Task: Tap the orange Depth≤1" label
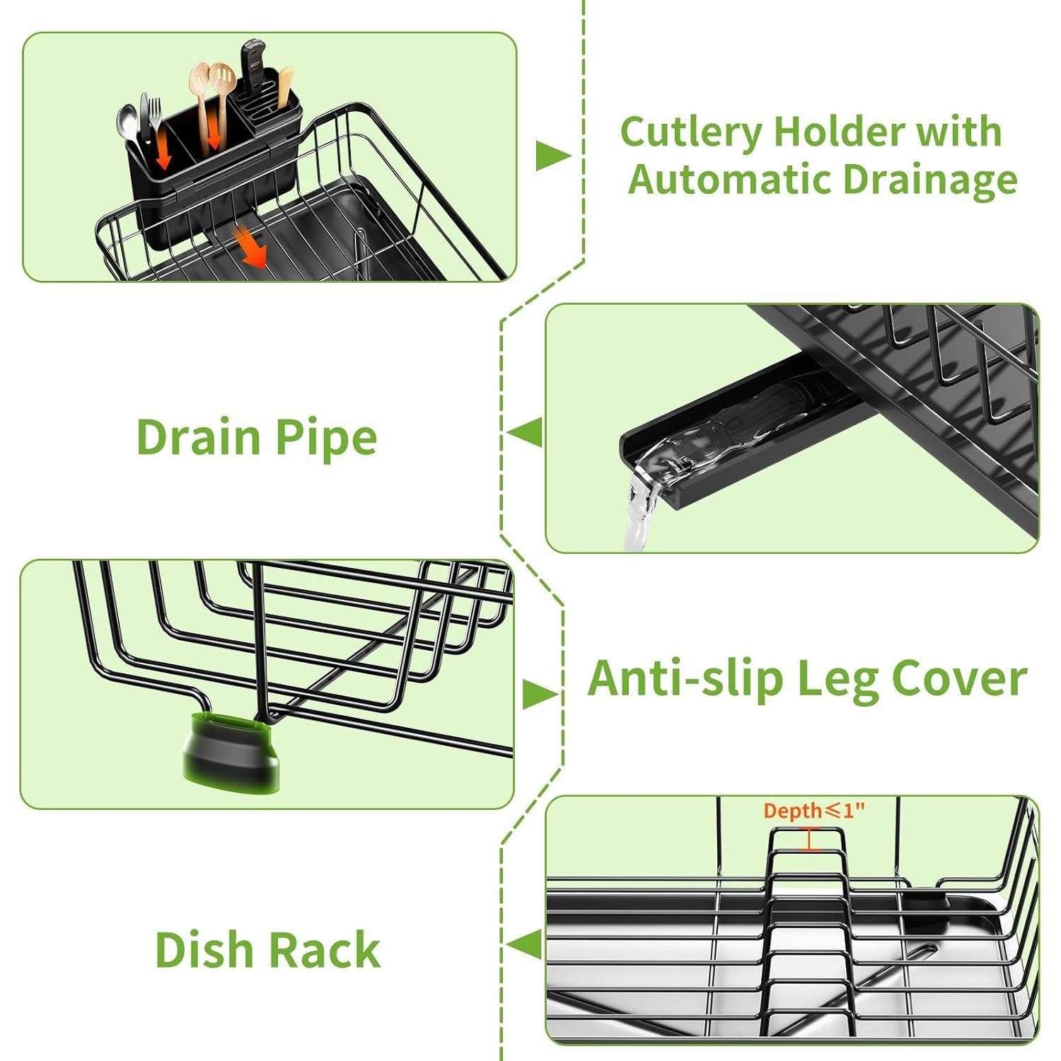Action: point(814,811)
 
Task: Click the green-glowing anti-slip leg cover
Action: point(230,753)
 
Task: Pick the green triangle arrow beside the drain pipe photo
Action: point(526,432)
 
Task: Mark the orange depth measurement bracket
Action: point(811,839)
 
